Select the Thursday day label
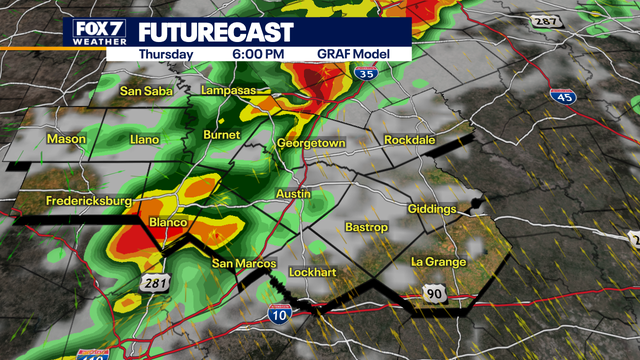coord(166,54)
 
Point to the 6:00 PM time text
coord(258,54)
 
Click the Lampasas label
coord(229,90)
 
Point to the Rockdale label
coord(410,140)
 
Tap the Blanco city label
coord(162,220)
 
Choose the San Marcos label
coord(239,264)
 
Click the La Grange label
coord(439,262)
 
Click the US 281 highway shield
coord(156,285)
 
